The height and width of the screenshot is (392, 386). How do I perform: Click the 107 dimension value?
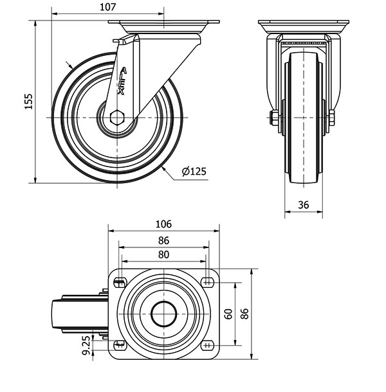tap(108, 7)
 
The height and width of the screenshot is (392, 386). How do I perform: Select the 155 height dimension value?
tap(28, 102)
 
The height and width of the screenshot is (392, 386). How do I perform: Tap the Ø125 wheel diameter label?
tap(194, 172)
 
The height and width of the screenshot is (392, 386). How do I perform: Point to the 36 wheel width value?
tap(304, 205)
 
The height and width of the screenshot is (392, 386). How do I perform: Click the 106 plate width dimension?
tap(163, 224)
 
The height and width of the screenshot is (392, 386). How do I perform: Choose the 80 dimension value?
tap(163, 254)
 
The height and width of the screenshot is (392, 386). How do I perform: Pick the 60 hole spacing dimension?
tap(228, 314)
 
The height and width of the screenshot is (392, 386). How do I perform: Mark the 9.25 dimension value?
tap(86, 345)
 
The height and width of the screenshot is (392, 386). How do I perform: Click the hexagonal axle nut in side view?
tap(117, 117)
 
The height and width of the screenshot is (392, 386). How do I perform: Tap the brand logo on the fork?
tap(122, 81)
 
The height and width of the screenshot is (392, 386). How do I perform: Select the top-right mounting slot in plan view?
tap(207, 283)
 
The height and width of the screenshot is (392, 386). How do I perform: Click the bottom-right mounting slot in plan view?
tap(207, 346)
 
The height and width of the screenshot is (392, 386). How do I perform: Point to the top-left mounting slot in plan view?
tap(120, 283)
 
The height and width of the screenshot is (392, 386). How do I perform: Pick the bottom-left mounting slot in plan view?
tap(120, 346)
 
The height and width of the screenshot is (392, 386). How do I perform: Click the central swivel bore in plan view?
tap(163, 314)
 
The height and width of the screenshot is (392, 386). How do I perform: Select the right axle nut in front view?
tap(331, 118)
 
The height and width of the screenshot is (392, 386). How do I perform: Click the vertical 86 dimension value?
tap(244, 314)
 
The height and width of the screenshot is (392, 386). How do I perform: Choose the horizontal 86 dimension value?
tap(163, 240)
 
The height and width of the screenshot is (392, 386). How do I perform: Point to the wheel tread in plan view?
tap(57, 314)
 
